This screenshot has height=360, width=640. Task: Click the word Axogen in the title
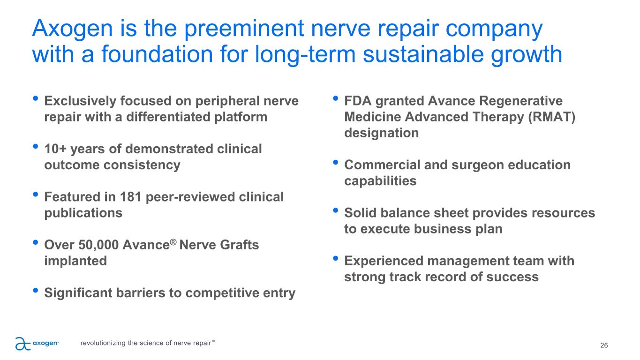point(73,29)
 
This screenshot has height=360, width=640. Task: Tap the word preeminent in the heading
point(244,30)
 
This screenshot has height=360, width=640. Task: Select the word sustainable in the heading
point(423,54)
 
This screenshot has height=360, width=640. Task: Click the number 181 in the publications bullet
point(130,197)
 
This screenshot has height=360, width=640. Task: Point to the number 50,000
point(98,245)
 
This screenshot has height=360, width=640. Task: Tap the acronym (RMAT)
point(552,117)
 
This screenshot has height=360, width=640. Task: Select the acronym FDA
point(358,101)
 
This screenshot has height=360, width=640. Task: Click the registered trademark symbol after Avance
point(173,242)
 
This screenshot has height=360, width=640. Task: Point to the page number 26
point(604,345)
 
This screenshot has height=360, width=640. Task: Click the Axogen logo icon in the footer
point(23,344)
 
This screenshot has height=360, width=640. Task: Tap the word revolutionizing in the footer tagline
point(103,343)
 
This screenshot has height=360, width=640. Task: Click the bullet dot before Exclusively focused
point(36,98)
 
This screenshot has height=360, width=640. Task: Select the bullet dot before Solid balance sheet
point(335,210)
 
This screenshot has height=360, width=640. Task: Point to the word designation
point(382,133)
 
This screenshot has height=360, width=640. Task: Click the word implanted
point(75,261)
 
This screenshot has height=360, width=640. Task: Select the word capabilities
point(380,181)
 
